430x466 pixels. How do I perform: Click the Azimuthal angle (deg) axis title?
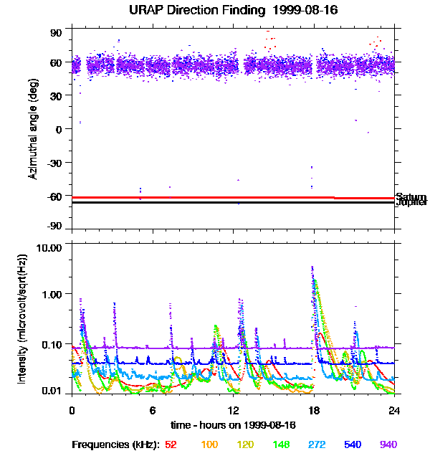[33, 129]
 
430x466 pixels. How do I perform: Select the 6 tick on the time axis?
[153, 410]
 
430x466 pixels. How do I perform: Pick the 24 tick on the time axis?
[394, 410]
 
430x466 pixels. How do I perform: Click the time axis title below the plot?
[232, 425]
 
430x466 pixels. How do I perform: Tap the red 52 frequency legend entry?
[171, 444]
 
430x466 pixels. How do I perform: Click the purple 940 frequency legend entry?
[388, 444]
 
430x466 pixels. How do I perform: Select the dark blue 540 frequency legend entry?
[351, 444]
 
